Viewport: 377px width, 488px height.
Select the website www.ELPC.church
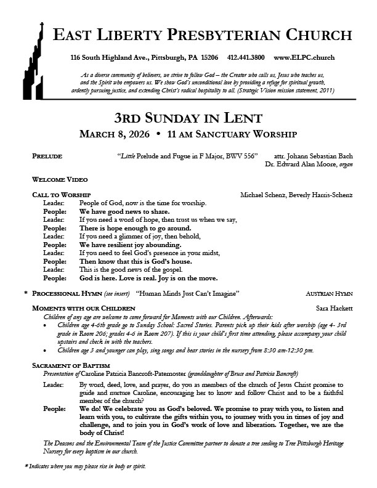tap(304, 57)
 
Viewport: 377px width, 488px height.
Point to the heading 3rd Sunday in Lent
tap(188, 117)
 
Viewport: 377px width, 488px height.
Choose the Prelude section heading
tap(47, 157)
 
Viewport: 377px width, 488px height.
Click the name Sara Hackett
tap(333, 307)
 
